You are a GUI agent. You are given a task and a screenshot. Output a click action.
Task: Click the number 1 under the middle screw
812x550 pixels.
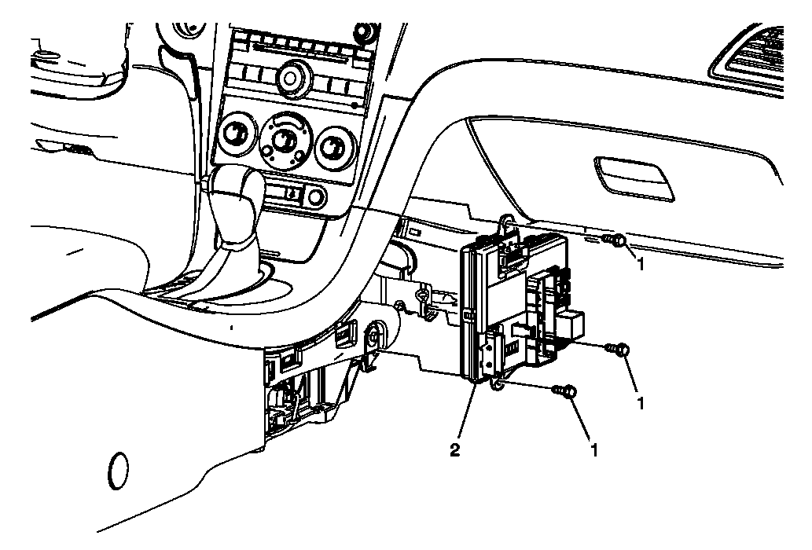(641, 404)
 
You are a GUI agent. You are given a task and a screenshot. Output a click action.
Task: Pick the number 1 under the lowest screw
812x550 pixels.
(594, 451)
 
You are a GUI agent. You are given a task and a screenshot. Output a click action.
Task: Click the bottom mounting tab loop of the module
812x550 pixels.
(496, 383)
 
